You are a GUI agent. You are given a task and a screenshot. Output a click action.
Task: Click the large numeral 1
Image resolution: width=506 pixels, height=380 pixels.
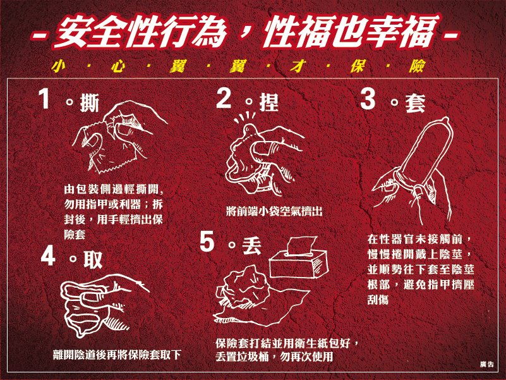coord(44,98)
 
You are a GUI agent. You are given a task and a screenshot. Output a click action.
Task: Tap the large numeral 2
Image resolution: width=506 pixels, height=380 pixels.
coord(224,98)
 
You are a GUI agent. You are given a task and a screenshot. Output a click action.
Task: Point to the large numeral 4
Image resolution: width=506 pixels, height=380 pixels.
coord(49,255)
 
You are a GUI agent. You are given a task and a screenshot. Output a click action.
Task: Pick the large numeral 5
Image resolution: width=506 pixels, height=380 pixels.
coord(207,241)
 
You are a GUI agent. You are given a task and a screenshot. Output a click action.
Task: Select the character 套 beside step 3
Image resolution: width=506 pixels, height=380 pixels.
coord(415,103)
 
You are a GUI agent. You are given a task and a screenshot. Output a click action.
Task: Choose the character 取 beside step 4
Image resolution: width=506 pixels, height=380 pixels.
coord(93,259)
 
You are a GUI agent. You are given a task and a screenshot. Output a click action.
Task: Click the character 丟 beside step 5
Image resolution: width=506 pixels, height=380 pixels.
coord(251,245)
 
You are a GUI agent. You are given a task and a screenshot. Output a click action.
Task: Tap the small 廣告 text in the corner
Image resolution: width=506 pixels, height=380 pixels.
coord(486,364)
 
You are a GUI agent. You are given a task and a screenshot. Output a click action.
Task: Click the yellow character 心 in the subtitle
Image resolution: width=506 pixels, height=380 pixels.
coord(117,66)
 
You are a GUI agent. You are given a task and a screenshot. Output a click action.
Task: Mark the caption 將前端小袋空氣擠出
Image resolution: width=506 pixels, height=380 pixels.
coord(274,212)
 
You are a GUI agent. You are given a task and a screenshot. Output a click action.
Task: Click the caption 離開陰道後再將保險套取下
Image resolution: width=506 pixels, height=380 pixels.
coord(117,355)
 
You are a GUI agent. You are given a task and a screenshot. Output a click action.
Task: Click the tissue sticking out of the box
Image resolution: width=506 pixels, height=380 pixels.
coord(302,246)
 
